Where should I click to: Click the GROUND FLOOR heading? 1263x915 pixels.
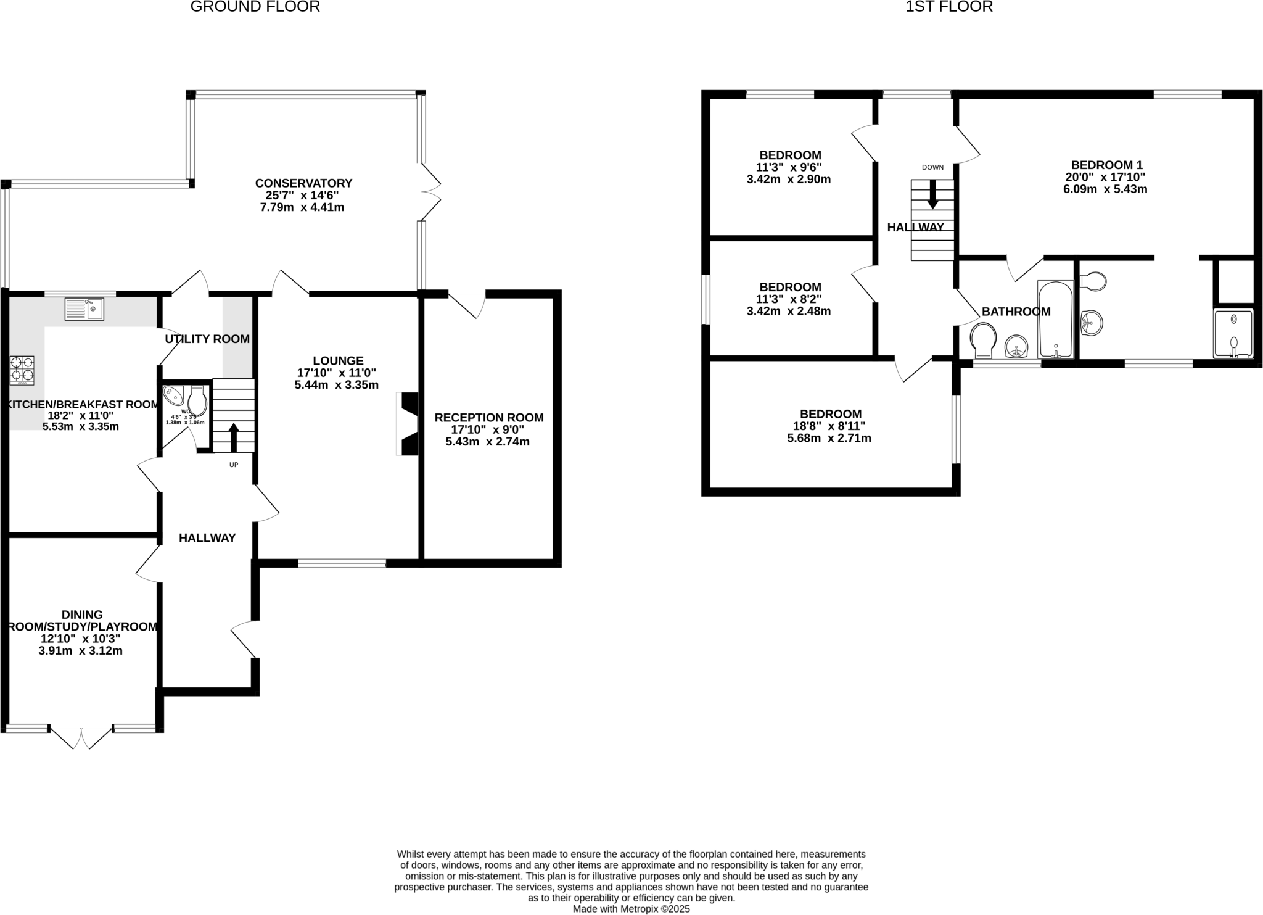click(x=255, y=7)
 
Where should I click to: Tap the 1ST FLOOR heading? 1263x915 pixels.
click(x=949, y=7)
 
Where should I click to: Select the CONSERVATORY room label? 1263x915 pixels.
click(x=303, y=183)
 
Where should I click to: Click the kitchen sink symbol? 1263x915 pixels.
click(x=84, y=308)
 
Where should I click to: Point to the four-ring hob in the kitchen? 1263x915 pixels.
click(x=22, y=370)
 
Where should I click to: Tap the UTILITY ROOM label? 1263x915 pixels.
click(x=207, y=339)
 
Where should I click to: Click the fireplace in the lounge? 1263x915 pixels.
click(x=408, y=424)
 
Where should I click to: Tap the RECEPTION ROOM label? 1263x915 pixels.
click(x=489, y=418)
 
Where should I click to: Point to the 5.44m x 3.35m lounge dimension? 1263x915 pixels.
click(x=336, y=385)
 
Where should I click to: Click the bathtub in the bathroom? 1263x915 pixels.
click(x=1056, y=320)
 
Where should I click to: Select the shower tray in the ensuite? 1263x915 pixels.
click(x=1233, y=334)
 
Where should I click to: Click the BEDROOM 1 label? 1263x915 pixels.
click(x=1106, y=165)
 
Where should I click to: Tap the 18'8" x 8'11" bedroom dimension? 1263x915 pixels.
click(x=829, y=426)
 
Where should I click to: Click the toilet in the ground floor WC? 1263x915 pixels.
click(x=197, y=402)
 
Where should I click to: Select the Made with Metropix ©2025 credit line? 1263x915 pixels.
click(x=631, y=909)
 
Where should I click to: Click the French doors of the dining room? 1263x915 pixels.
click(x=81, y=737)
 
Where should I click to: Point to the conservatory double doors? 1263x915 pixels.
click(x=431, y=193)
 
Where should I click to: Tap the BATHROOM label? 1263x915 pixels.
click(x=1016, y=312)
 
